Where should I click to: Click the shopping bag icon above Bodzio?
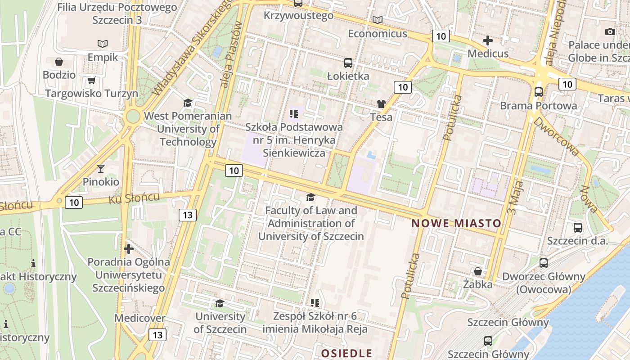[x=58, y=62]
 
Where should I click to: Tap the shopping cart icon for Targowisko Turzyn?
[x=92, y=81]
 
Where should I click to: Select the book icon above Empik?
[x=103, y=44]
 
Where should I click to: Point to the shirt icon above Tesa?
[x=381, y=104]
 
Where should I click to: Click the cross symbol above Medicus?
[x=488, y=40]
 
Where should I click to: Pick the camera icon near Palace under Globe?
[x=610, y=31]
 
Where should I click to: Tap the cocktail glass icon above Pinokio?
[x=101, y=169]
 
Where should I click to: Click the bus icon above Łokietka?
[x=348, y=63]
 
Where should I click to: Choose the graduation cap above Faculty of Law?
[x=310, y=197]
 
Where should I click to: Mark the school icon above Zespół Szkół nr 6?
[x=315, y=302]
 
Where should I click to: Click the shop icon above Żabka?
[x=477, y=271]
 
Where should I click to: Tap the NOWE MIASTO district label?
[x=456, y=223]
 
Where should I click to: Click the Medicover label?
[x=139, y=318]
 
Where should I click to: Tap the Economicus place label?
[x=378, y=34]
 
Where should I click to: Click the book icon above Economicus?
[x=378, y=20]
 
